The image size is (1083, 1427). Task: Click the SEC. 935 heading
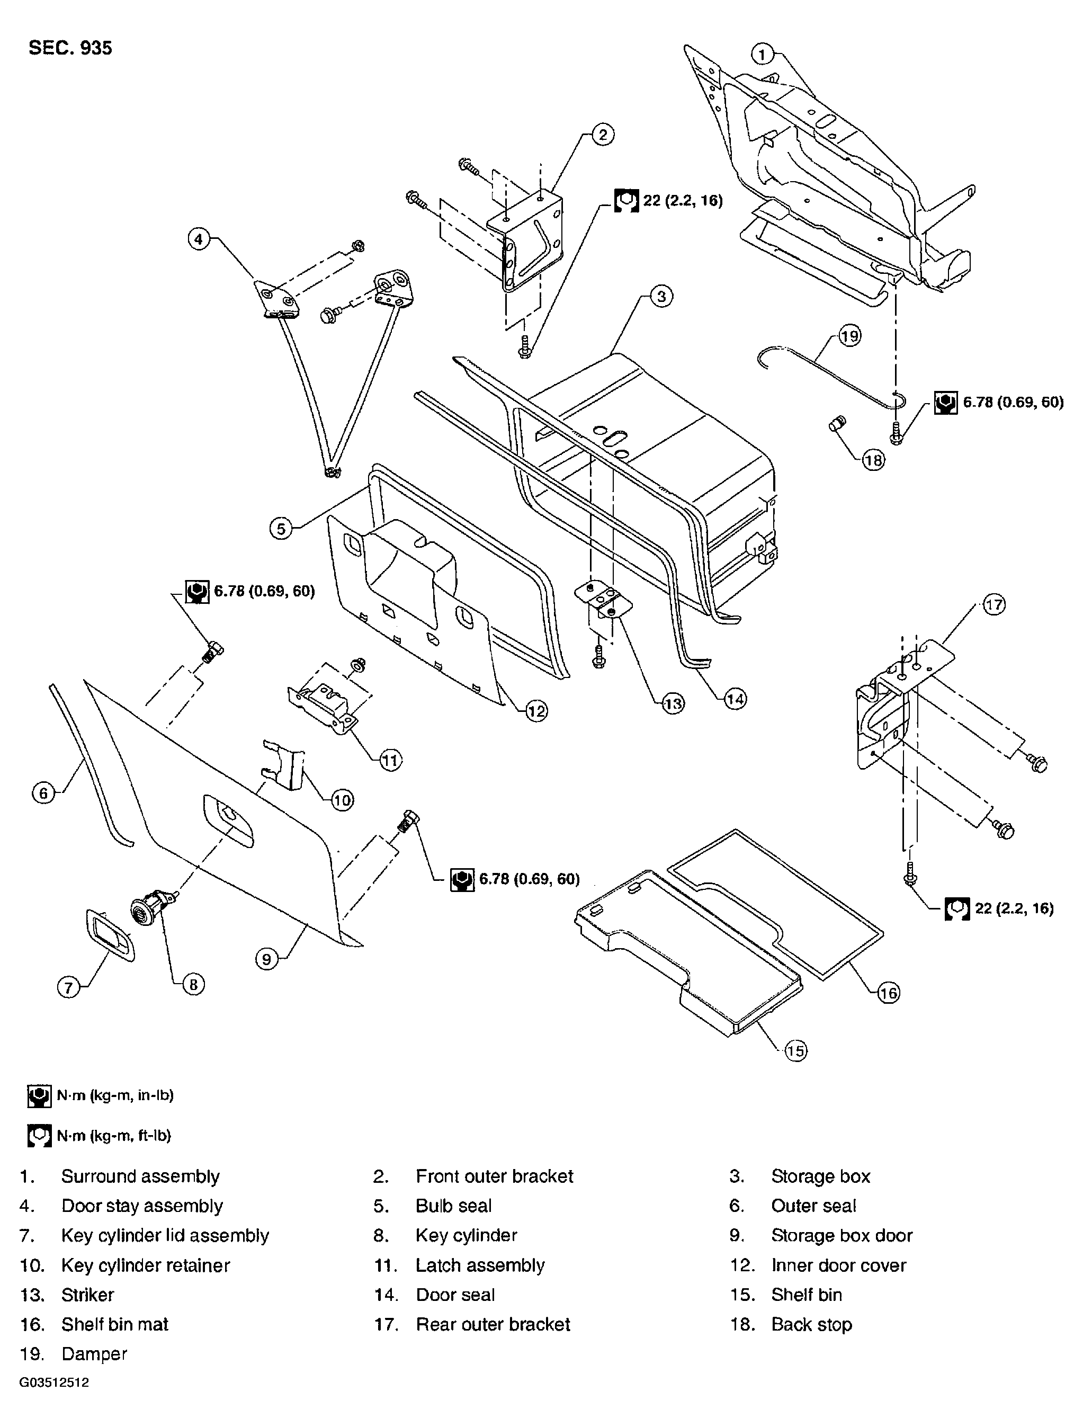point(70,48)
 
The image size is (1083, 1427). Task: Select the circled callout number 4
point(199,239)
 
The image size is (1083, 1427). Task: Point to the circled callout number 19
point(849,336)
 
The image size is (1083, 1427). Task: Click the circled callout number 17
point(994,604)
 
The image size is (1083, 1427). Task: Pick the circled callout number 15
point(795,1051)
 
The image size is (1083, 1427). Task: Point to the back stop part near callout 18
point(837,424)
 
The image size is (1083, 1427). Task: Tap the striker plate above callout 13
point(603,599)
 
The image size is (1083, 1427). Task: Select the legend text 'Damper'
point(94,1353)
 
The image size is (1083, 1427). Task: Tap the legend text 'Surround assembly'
point(141,1176)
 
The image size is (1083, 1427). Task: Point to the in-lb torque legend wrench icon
point(39,1096)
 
